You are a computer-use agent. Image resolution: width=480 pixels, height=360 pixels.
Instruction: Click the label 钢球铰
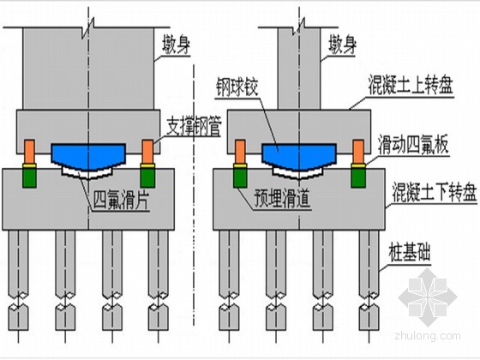tap(237, 87)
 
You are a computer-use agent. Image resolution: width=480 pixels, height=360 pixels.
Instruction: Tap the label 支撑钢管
tap(194, 127)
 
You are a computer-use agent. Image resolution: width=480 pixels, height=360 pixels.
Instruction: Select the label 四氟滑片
tap(121, 200)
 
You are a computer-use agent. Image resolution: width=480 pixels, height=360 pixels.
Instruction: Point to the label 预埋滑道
tap(282, 198)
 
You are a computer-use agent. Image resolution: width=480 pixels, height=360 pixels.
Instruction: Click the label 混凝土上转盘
tap(411, 86)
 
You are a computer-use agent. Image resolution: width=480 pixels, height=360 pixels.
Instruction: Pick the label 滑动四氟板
tap(413, 145)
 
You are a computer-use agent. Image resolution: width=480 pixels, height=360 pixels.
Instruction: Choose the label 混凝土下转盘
tap(435, 192)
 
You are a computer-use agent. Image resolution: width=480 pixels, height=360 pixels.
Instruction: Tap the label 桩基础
tap(410, 253)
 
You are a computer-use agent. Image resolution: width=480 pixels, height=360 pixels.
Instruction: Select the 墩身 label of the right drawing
tap(342, 45)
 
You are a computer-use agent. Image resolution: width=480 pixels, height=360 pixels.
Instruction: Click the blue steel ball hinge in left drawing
tap(88, 156)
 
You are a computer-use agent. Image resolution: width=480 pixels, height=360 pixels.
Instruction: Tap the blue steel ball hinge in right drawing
tap(299, 156)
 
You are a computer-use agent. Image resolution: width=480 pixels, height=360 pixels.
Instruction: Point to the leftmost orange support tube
tap(29, 152)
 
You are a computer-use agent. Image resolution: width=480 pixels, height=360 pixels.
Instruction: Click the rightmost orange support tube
tap(358, 152)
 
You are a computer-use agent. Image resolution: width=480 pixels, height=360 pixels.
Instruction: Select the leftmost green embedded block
tap(29, 177)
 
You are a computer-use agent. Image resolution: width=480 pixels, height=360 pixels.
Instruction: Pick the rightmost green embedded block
tap(358, 177)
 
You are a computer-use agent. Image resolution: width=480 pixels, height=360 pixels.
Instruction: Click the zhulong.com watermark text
tap(428, 336)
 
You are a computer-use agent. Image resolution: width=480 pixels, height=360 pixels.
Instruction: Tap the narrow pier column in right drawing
tap(299, 69)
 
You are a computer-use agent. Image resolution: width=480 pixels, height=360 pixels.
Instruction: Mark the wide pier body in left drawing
tap(88, 69)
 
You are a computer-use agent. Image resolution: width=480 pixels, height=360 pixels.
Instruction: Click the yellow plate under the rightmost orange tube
tap(358, 166)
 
